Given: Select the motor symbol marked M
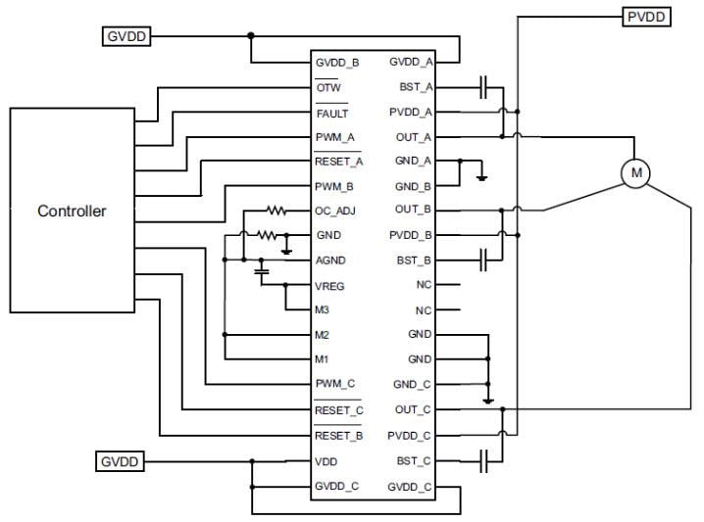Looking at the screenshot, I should [636, 173].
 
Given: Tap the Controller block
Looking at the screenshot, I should [72, 211].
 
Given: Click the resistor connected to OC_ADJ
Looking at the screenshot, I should [277, 210].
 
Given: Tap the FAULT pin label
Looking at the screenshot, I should [331, 113].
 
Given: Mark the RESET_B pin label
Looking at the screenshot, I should [339, 435].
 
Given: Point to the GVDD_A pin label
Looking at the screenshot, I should [410, 62].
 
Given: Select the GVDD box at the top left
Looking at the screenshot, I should [126, 37].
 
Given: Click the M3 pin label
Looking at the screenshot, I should [323, 310].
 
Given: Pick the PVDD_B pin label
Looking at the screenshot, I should [410, 236].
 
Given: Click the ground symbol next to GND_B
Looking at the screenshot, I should [480, 178].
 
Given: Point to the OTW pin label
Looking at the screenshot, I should [327, 87].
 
